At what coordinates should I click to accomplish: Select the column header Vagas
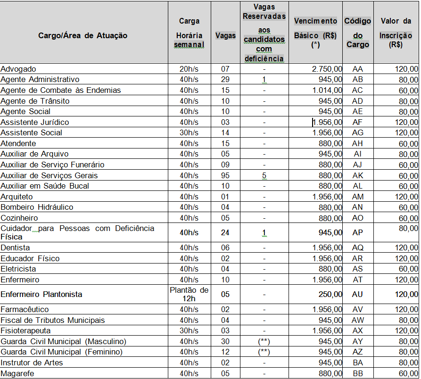pyautogui.click(x=225, y=35)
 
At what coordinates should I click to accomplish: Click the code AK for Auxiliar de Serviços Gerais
pyautogui.click(x=358, y=175)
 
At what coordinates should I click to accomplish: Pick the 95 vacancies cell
pyautogui.click(x=225, y=175)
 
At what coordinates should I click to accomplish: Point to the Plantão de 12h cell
pyautogui.click(x=189, y=294)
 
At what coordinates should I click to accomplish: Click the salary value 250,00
pyautogui.click(x=329, y=294)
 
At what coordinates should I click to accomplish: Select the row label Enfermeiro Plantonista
pyautogui.click(x=41, y=294)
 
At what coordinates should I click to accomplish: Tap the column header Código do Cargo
pyautogui.click(x=358, y=33)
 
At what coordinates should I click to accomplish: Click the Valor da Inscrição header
pyautogui.click(x=396, y=33)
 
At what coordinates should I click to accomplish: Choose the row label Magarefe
pyautogui.click(x=18, y=373)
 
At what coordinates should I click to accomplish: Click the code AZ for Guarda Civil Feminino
pyautogui.click(x=358, y=352)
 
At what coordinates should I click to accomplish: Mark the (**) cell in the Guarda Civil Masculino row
pyautogui.click(x=264, y=341)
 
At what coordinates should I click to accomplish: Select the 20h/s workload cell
pyautogui.click(x=189, y=69)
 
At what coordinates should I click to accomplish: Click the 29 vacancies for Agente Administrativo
pyautogui.click(x=225, y=80)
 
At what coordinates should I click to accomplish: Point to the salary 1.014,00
pyautogui.click(x=327, y=90)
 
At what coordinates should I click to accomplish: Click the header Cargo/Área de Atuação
pyautogui.click(x=83, y=35)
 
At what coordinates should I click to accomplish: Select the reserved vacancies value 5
pyautogui.click(x=264, y=175)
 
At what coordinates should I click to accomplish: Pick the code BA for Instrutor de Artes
pyautogui.click(x=358, y=363)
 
